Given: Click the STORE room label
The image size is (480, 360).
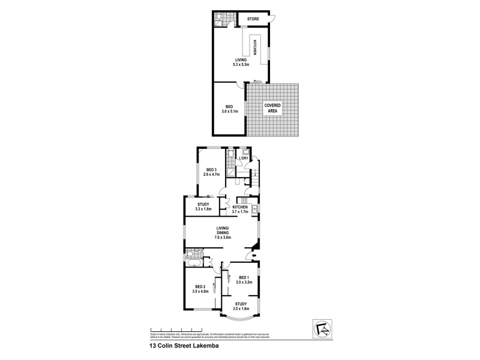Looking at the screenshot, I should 252,19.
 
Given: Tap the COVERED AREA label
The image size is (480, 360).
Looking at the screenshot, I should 273,108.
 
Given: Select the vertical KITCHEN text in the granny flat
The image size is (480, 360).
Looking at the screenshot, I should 255,47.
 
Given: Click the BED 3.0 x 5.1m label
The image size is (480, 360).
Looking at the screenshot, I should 230,109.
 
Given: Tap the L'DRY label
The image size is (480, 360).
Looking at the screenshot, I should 244,158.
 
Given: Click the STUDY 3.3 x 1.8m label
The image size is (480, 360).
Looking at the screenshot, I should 204,206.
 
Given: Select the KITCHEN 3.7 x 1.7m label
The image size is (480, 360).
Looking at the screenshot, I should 240,209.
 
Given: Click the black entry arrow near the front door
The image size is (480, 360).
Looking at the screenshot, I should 254,259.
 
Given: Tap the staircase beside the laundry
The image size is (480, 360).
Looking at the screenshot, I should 255,178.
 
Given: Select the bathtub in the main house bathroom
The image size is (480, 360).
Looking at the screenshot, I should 193,262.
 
